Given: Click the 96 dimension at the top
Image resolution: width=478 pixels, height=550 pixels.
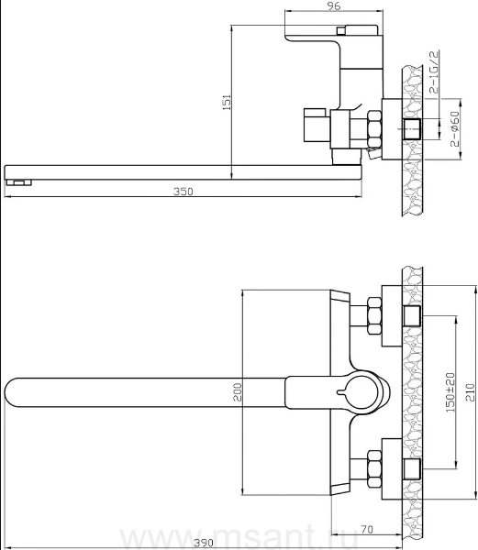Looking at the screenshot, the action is pyautogui.click(x=333, y=6).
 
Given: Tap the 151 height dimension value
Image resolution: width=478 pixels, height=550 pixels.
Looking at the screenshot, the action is pyautogui.click(x=227, y=102).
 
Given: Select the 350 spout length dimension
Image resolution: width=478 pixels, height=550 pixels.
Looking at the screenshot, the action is pyautogui.click(x=183, y=192).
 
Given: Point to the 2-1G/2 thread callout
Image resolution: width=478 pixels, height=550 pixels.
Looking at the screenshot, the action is pyautogui.click(x=434, y=71).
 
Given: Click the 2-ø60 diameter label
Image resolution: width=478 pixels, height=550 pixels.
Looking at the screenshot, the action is pyautogui.click(x=455, y=129).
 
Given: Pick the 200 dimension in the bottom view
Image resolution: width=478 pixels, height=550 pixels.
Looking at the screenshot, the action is pyautogui.click(x=238, y=392).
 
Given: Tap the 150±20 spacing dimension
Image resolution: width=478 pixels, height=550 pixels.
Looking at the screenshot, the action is pyautogui.click(x=450, y=392).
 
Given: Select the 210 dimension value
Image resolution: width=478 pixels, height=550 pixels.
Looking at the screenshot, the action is pyautogui.click(x=472, y=392).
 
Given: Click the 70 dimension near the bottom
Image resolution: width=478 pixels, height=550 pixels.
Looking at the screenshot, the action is pyautogui.click(x=366, y=529).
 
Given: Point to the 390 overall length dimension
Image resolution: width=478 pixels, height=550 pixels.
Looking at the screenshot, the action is pyautogui.click(x=204, y=543).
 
